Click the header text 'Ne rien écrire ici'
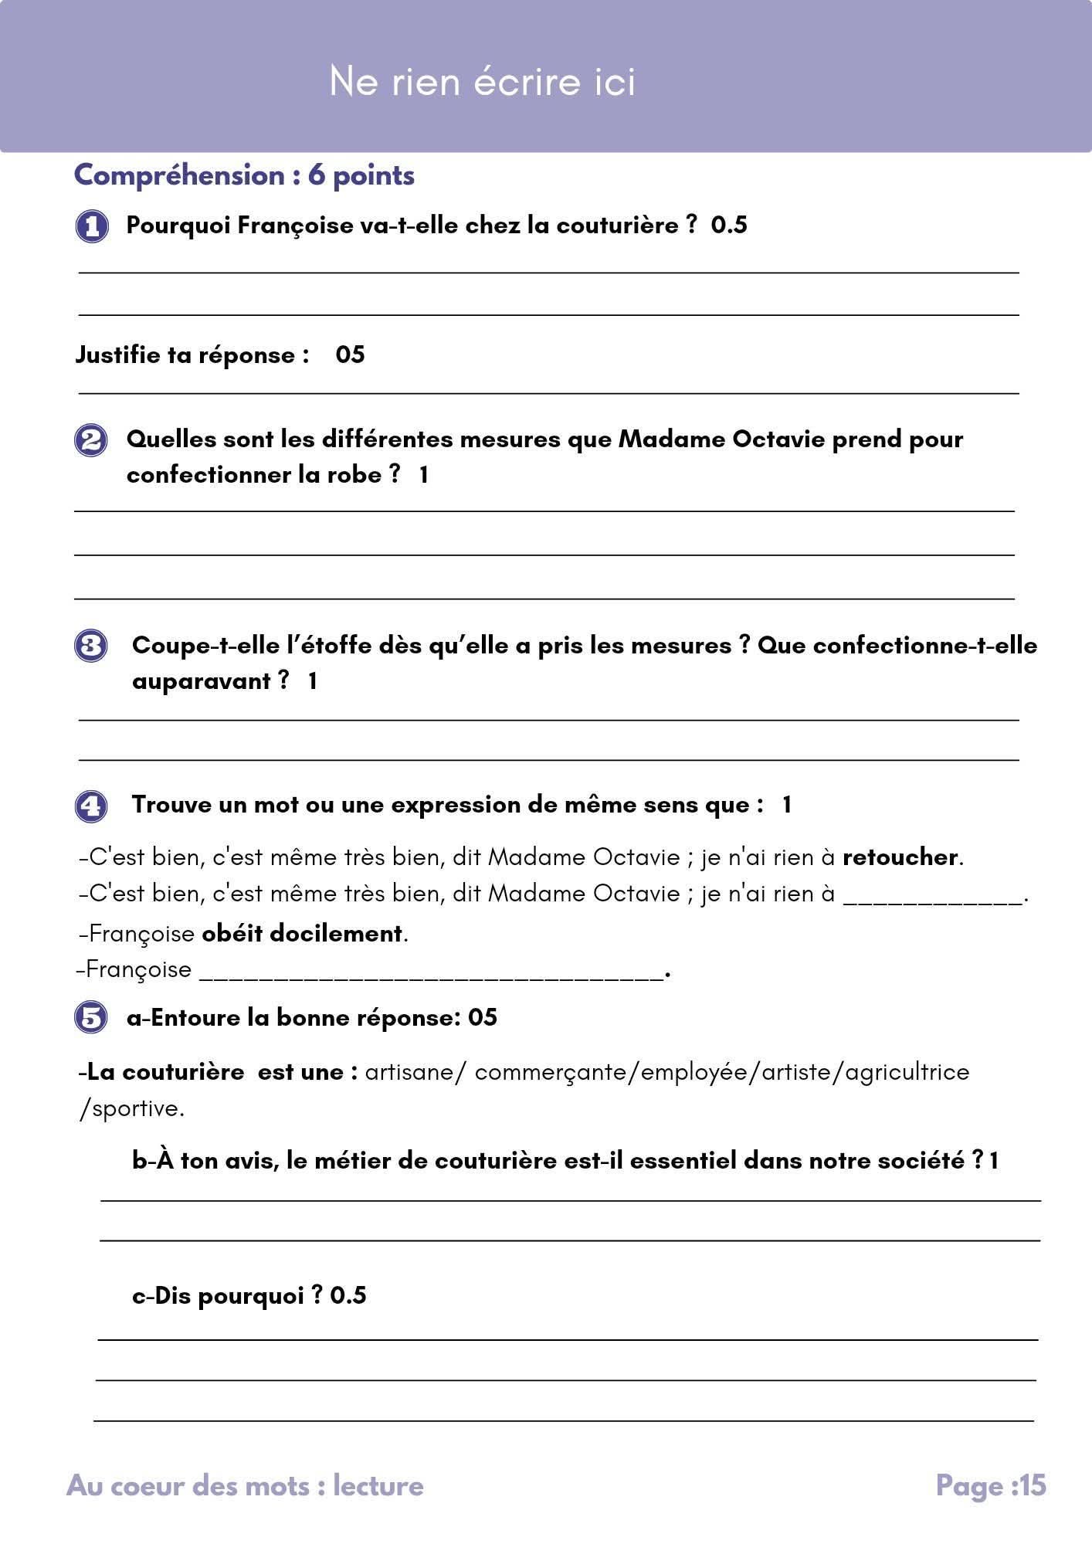pos(482,81)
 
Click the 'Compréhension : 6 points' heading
pos(244,175)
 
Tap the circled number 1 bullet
pos(92,226)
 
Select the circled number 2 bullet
pos(91,440)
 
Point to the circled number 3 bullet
pos(91,646)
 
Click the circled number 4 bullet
pos(91,806)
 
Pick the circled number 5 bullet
pos(91,1017)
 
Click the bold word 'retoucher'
pos(900,857)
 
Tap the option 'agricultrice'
pos(907,1072)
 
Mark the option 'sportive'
pos(136,1108)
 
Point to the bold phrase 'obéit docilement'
pos(302,934)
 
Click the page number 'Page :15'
pos(991,1485)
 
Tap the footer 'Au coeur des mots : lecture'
pos(245,1485)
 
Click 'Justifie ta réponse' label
pos(192,355)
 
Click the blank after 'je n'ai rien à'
pos(932,896)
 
